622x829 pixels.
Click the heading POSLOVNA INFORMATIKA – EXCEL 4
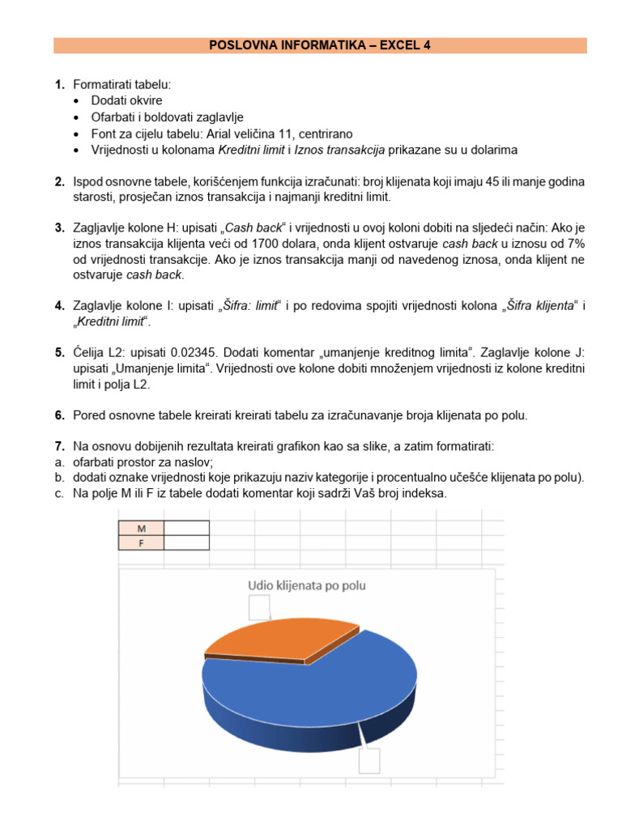click(320, 45)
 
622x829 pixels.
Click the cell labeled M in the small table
click(141, 528)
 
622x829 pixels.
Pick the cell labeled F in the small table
click(141, 542)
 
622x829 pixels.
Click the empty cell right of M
click(186, 528)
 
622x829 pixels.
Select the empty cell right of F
click(186, 542)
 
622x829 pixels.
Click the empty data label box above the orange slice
click(259, 607)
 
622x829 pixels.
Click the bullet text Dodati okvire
click(126, 100)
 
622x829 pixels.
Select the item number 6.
click(59, 415)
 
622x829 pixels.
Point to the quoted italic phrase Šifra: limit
click(249, 305)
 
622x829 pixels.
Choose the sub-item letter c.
click(59, 493)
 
